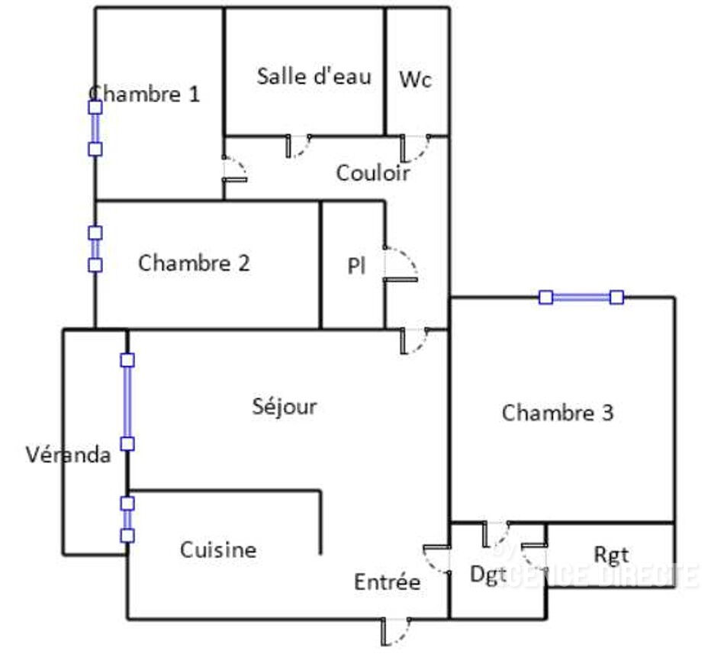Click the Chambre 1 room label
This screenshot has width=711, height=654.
point(145,95)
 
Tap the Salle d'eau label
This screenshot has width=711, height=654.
point(314,76)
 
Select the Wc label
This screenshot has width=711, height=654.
point(416,79)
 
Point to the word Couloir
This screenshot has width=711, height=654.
point(373,173)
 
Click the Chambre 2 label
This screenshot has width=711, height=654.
point(194,263)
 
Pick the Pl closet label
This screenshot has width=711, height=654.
point(355,266)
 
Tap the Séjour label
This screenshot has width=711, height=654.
point(285,406)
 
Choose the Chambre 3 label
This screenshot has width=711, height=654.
point(558,413)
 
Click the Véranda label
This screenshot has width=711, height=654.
point(69,455)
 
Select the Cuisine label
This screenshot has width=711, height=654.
point(218,549)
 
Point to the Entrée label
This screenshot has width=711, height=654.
point(387,582)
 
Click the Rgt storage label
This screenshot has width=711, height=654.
point(611,556)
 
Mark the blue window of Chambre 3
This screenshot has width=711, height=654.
point(581,297)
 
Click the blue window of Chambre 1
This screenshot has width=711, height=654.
point(95,128)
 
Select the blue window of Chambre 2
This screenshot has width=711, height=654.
point(95,249)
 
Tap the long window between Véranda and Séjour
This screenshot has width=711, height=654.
point(127,401)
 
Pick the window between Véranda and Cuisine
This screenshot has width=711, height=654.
point(127,519)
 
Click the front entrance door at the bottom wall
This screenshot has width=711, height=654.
point(396,630)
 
